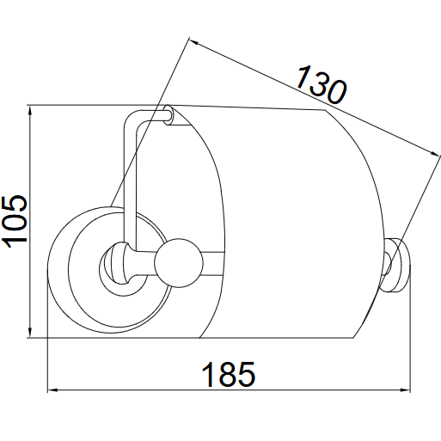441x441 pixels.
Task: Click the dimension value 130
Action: click(x=321, y=84)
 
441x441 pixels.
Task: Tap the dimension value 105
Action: click(x=15, y=222)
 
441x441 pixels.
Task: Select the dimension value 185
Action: click(x=229, y=374)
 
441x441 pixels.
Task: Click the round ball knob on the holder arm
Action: click(x=179, y=263)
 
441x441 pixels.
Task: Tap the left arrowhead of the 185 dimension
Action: click(x=53, y=389)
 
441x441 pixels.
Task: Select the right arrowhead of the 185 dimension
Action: click(x=405, y=389)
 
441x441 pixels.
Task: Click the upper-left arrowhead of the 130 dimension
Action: click(x=194, y=41)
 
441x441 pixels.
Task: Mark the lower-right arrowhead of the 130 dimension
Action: click(x=434, y=153)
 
